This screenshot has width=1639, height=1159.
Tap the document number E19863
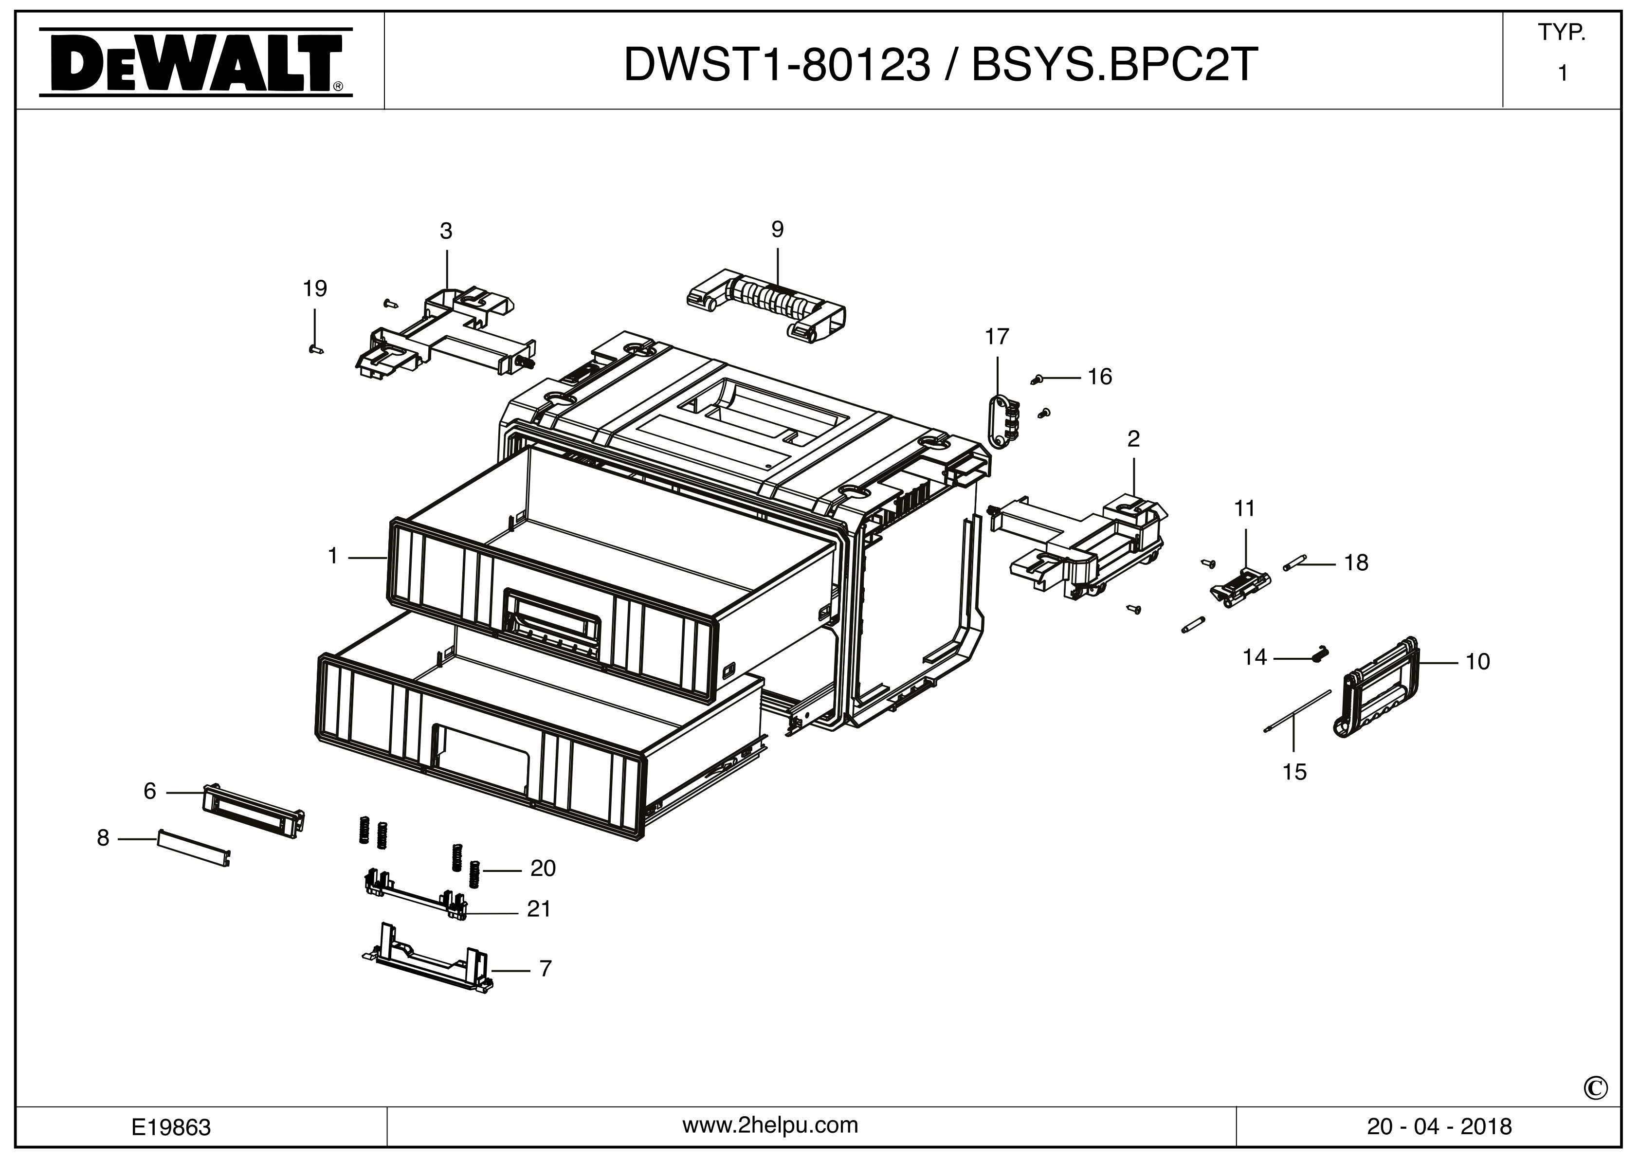(171, 1127)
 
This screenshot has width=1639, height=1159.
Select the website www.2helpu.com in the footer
(770, 1125)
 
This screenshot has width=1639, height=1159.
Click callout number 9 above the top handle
(777, 229)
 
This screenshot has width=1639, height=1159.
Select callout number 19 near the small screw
(315, 289)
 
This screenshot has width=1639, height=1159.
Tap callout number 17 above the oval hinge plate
(997, 336)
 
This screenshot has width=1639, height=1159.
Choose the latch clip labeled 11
(1241, 587)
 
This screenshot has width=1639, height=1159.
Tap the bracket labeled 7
(428, 962)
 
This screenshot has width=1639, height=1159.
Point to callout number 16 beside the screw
(1099, 377)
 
